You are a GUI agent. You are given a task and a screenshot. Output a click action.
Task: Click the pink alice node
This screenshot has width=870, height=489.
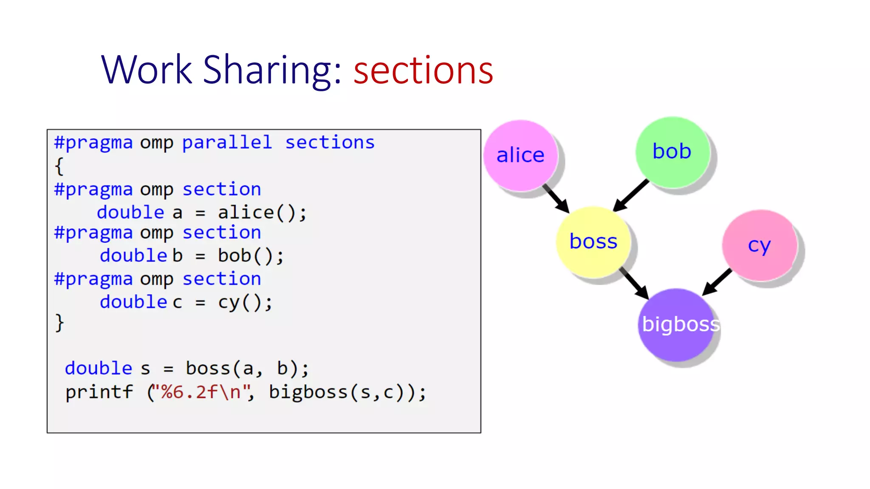point(520,155)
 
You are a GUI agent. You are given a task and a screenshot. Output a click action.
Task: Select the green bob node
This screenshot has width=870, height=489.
point(672,152)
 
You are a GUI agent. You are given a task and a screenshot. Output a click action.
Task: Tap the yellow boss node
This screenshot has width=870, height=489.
point(593,242)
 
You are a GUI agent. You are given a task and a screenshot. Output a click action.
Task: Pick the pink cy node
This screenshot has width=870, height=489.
point(759,245)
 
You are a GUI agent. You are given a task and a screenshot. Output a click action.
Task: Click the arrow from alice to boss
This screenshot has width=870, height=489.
point(556,198)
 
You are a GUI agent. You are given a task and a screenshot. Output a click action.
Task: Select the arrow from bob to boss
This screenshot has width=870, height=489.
point(631,195)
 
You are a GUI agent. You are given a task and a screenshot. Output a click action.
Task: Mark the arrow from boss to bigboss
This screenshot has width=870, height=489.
point(634,283)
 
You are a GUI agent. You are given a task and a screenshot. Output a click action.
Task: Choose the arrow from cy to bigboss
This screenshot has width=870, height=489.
point(717,282)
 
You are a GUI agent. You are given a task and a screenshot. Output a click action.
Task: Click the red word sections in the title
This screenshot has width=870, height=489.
point(423,70)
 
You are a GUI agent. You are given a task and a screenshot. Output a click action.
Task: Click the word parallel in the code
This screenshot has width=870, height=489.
point(227,143)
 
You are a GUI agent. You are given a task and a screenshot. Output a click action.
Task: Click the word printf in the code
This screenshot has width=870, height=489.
point(99,392)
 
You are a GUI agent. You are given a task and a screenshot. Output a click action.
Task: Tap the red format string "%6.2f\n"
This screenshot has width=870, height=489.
point(201,392)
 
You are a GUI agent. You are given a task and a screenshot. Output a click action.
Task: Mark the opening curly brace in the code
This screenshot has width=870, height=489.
point(59,166)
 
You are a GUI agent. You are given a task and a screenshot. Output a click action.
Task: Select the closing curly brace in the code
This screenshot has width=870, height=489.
point(59,323)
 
